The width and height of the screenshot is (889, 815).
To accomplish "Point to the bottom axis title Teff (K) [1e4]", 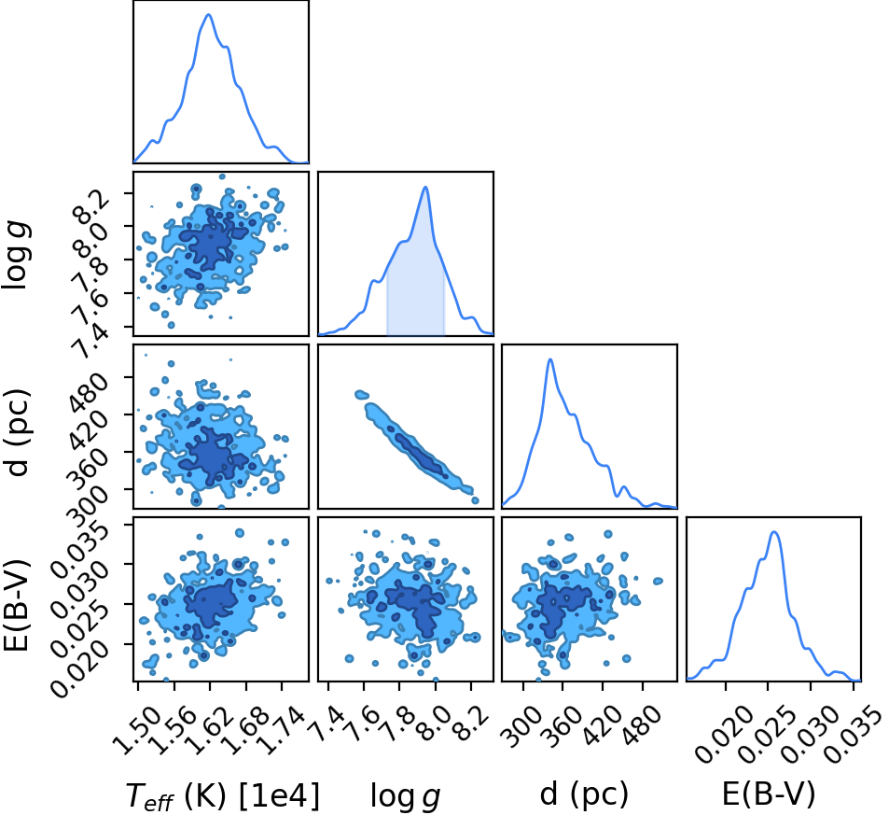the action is tap(222, 795).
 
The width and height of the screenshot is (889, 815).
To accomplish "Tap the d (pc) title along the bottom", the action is tap(584, 794).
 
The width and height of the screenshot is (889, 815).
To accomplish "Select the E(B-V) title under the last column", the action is tap(769, 794).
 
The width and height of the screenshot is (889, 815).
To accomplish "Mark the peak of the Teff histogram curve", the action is tap(209, 14).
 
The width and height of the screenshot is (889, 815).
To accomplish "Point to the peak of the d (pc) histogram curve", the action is tap(550, 359).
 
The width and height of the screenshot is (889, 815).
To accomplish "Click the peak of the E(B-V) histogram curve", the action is tap(774, 532).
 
